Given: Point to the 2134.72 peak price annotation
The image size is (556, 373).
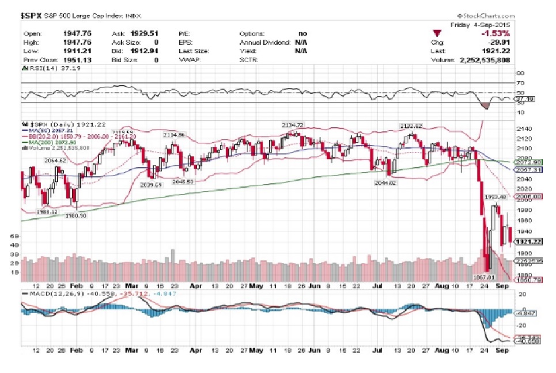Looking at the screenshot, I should click(x=292, y=125).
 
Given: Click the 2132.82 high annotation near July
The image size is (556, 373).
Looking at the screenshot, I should click(x=411, y=125).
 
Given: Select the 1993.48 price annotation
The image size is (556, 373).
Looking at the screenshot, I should click(x=495, y=197).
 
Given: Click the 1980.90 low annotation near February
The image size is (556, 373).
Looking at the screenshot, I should click(x=75, y=216).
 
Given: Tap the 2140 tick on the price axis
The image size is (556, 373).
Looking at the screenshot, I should click(x=522, y=128).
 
